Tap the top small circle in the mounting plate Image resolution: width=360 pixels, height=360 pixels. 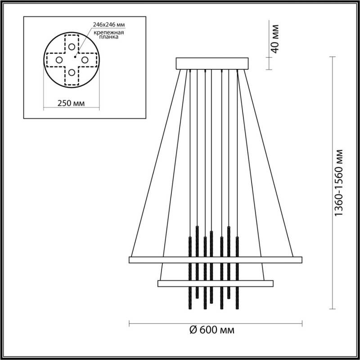coord(72,46)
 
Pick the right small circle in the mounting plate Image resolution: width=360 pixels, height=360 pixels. coord(85,59)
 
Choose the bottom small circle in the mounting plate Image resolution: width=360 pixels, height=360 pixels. coord(72,72)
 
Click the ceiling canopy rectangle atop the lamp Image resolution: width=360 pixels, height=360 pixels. coord(212,63)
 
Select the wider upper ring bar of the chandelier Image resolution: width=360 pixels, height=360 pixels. coord(215,260)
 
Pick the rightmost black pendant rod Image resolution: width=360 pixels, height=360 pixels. coord(237,270)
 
